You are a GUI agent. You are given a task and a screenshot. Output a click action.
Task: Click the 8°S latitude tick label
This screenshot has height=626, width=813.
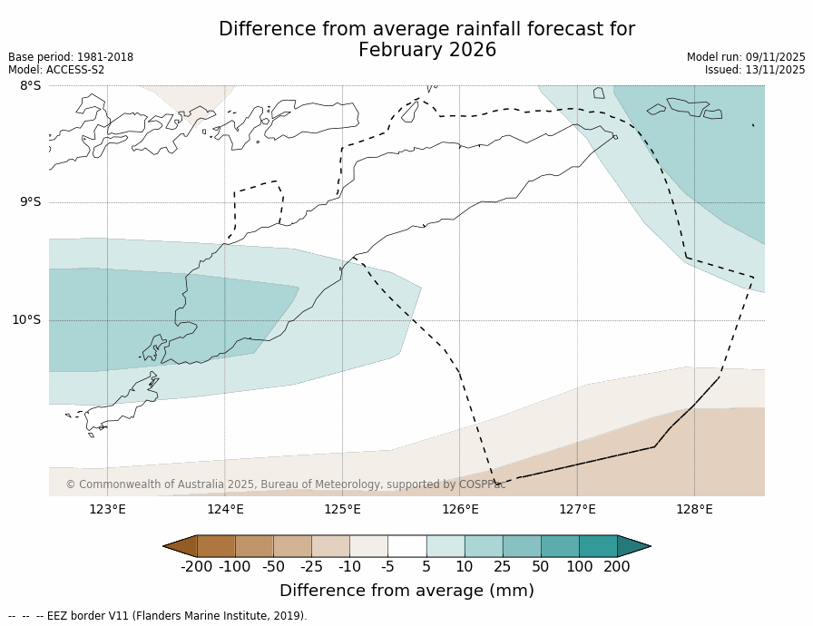click(x=30, y=86)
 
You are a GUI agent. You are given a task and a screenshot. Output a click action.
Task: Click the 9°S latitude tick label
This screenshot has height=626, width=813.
click(x=30, y=202)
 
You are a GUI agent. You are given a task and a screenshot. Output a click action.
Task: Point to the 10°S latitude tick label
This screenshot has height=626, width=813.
click(x=26, y=319)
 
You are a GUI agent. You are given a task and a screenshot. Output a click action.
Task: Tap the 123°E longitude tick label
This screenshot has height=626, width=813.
click(x=107, y=509)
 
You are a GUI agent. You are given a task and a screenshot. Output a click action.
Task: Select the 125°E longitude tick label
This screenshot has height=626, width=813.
click(x=342, y=509)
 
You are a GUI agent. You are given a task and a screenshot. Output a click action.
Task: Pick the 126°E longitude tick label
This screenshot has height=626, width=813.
click(x=460, y=509)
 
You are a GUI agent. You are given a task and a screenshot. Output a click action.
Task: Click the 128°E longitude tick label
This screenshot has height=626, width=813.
click(x=694, y=509)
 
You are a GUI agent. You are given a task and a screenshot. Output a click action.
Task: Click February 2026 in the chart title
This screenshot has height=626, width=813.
click(x=427, y=51)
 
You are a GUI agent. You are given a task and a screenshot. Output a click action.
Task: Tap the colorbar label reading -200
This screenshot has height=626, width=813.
click(x=196, y=567)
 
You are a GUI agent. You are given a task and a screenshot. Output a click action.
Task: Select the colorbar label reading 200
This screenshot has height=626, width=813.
click(x=617, y=567)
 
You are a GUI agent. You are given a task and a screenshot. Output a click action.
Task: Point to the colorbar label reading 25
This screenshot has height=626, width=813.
click(x=503, y=567)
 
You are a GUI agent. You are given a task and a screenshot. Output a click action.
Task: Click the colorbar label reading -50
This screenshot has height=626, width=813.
click(x=273, y=567)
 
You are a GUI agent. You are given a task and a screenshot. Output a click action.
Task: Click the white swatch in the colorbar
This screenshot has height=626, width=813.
click(x=406, y=546)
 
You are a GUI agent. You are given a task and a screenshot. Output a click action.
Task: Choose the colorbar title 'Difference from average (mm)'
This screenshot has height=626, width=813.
click(x=406, y=591)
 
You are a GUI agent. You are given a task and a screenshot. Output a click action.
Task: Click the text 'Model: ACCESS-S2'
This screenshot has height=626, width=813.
click(x=56, y=70)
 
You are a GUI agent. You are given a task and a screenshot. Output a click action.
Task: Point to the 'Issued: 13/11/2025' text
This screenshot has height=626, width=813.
click(x=755, y=70)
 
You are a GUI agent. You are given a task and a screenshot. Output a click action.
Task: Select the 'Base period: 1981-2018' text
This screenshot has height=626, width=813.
click(x=71, y=57)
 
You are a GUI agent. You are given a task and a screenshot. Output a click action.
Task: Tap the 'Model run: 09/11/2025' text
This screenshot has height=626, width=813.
click(x=746, y=57)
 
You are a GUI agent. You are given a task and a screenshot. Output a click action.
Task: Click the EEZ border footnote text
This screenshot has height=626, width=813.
click(x=158, y=616)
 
